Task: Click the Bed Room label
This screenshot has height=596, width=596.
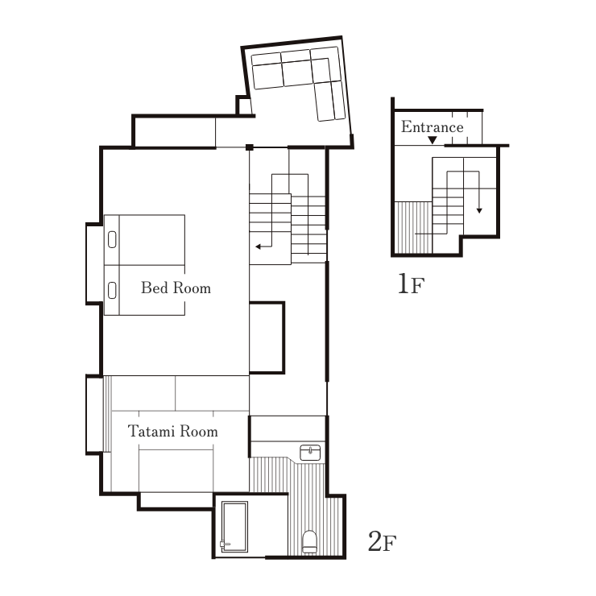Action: (x=176, y=288)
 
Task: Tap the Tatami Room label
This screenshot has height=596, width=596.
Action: (x=173, y=432)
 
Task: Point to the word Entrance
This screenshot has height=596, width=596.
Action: (x=433, y=126)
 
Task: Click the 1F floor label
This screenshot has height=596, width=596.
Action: (x=411, y=284)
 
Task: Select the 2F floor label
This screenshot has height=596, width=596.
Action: (x=382, y=541)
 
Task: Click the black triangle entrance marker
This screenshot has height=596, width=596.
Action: (x=433, y=140)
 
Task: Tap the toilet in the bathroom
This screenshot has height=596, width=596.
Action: (x=309, y=542)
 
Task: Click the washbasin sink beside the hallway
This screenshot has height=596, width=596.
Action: (x=310, y=453)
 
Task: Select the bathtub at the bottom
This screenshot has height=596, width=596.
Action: (x=235, y=527)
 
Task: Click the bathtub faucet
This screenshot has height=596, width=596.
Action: (x=225, y=544)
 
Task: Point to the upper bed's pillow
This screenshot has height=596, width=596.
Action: (x=112, y=239)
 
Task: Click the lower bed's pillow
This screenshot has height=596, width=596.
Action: (x=112, y=291)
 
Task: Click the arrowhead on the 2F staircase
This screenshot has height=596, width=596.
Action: (x=258, y=246)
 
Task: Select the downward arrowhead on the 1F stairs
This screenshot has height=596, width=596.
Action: (x=479, y=210)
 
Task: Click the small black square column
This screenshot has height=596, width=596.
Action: (x=250, y=147)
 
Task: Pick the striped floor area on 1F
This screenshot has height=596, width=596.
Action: (x=413, y=227)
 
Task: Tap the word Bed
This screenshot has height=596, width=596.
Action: (x=155, y=288)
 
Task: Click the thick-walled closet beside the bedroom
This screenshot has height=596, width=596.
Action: (x=267, y=337)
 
